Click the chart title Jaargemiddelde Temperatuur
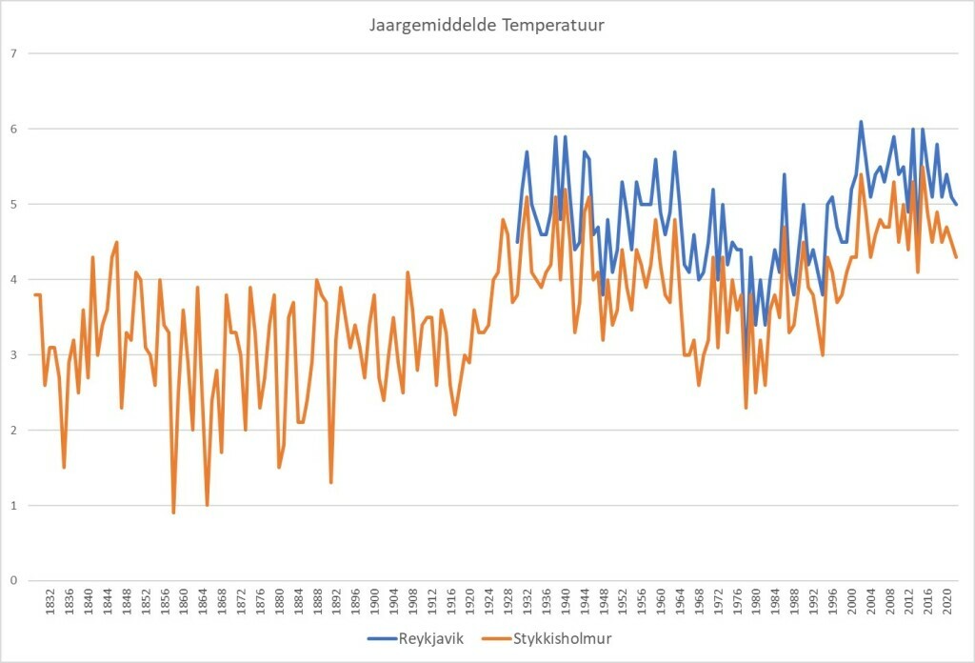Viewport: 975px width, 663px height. pos(487,25)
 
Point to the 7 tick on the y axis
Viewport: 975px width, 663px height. pos(13,53)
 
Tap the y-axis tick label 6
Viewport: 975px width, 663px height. pos(13,129)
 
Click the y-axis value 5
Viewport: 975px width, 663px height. pos(13,204)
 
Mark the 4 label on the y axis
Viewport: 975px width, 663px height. pos(13,279)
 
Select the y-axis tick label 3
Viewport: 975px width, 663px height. pos(13,354)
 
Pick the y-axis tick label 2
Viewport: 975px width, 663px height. pos(13,430)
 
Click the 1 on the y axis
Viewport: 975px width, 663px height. pos(13,505)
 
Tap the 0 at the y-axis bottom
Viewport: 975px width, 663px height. pos(13,580)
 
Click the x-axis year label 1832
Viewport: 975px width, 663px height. pos(50,604)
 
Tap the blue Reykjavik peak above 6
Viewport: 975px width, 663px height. pos(861,122)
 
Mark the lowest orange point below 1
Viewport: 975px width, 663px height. pos(173,512)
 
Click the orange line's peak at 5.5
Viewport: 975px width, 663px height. pos(923,167)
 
